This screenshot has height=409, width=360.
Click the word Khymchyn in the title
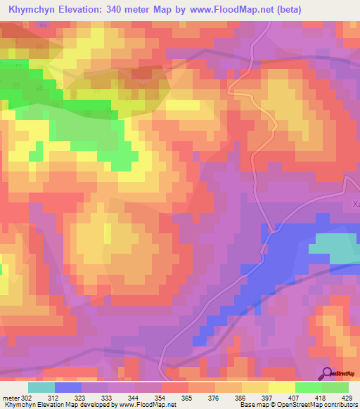[x=32, y=10]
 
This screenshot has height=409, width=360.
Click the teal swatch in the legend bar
[x=41, y=387]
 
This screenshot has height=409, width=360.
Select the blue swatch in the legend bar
[x=68, y=387]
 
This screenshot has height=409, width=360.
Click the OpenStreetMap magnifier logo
[x=328, y=375]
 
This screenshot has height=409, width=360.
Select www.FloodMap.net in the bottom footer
[x=148, y=405]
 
